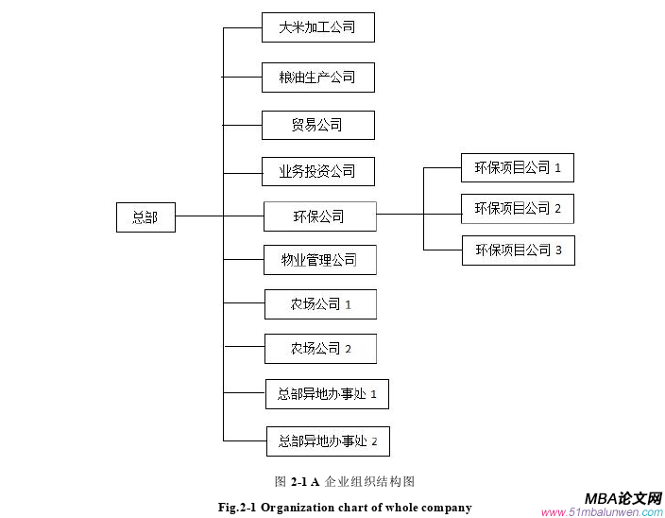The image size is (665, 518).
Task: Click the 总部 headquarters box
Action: [145, 217]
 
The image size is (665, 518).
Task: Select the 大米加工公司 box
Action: [317, 27]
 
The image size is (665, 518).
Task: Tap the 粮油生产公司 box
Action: [317, 78]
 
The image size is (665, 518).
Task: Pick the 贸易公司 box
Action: [317, 125]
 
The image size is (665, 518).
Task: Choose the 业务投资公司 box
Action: [317, 171]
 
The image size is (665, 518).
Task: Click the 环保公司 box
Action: [318, 216]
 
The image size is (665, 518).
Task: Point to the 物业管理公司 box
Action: [319, 260]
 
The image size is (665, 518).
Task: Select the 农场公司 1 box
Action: [320, 304]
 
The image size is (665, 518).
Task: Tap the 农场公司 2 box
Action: [320, 349]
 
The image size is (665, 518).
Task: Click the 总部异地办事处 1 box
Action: [327, 394]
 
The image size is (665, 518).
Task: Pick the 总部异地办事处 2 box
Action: [327, 440]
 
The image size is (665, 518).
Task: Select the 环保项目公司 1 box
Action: [518, 168]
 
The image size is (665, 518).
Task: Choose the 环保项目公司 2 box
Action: [518, 208]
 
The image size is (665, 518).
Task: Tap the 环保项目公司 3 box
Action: [518, 250]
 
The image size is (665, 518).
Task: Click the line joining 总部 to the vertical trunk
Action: [198, 216]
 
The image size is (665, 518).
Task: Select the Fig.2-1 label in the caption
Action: [237, 508]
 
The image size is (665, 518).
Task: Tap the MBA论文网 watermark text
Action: [622, 498]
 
